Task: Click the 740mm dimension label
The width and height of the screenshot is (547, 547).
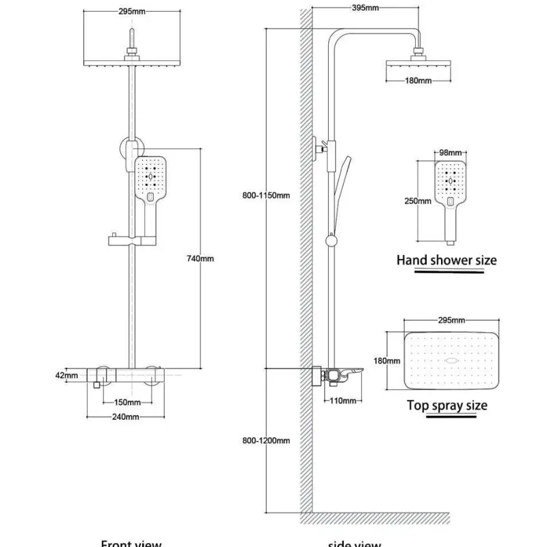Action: pos(200,258)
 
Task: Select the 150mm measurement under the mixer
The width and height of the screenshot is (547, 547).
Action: pos(127,402)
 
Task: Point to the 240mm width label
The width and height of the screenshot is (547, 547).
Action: pos(126,416)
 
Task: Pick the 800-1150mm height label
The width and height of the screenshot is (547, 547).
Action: pos(267,196)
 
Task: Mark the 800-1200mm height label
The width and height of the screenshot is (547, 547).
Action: pos(267,440)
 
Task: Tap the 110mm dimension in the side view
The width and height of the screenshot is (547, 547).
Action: pos(338,401)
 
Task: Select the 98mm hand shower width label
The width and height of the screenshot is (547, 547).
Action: pos(451,153)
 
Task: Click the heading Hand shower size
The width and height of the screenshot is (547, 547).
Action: pos(446,260)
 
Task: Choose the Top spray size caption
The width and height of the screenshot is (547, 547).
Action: pos(447,405)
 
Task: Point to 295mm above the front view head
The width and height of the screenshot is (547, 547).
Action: pos(131,12)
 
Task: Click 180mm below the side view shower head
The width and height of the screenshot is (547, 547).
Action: pos(418,81)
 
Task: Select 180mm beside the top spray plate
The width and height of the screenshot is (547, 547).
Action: pos(389,360)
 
